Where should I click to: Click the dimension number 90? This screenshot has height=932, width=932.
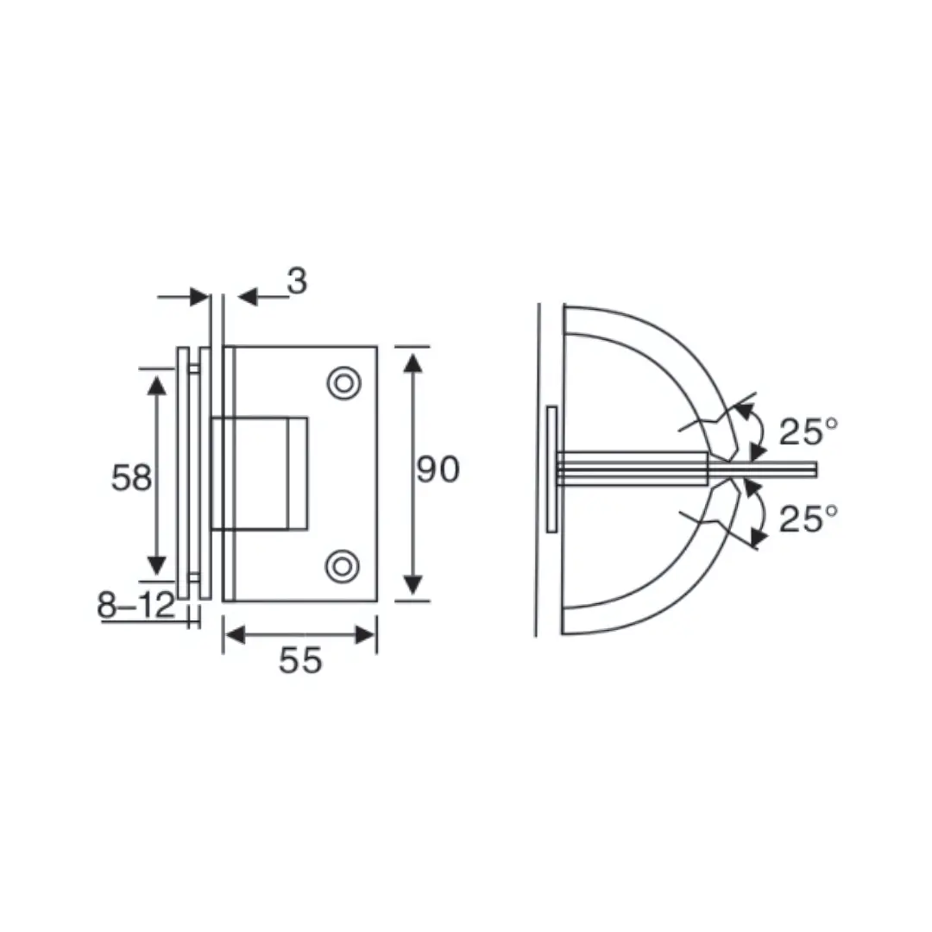(438, 470)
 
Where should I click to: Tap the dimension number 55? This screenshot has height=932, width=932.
(300, 660)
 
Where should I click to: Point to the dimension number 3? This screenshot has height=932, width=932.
(297, 281)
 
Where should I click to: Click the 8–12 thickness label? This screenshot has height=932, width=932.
(135, 607)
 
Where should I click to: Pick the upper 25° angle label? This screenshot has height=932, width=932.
(808, 431)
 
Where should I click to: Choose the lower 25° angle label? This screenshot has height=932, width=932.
(808, 519)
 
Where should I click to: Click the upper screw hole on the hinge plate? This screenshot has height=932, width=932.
(343, 382)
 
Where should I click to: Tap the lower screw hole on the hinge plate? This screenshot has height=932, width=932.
(343, 565)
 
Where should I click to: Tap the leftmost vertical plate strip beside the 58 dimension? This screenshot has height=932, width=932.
(182, 473)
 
